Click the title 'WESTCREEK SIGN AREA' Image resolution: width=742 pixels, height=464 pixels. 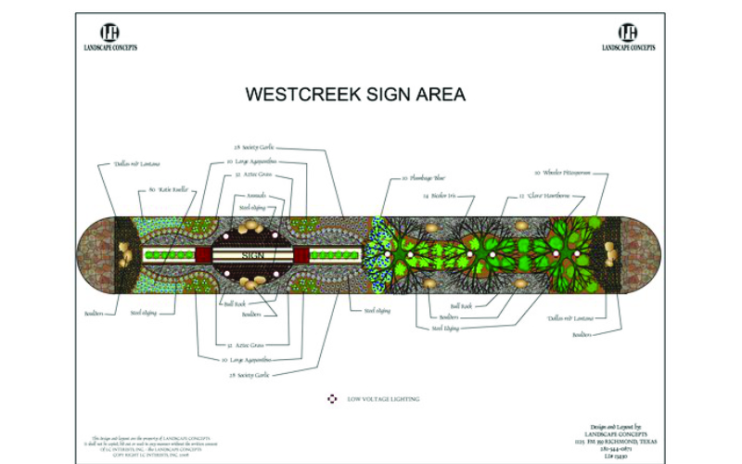click(x=354, y=95)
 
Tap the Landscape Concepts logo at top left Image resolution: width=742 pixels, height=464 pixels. click(x=109, y=35)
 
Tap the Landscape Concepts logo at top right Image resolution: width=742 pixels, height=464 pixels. click(x=628, y=35)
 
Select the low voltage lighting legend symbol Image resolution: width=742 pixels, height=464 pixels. click(x=332, y=399)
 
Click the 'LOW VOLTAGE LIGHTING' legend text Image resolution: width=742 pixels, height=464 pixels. click(x=383, y=399)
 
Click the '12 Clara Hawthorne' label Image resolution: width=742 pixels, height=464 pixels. click(x=544, y=196)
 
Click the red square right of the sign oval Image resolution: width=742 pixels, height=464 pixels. click(x=301, y=254)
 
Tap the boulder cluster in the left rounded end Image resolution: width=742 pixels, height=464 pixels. click(x=124, y=254)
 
